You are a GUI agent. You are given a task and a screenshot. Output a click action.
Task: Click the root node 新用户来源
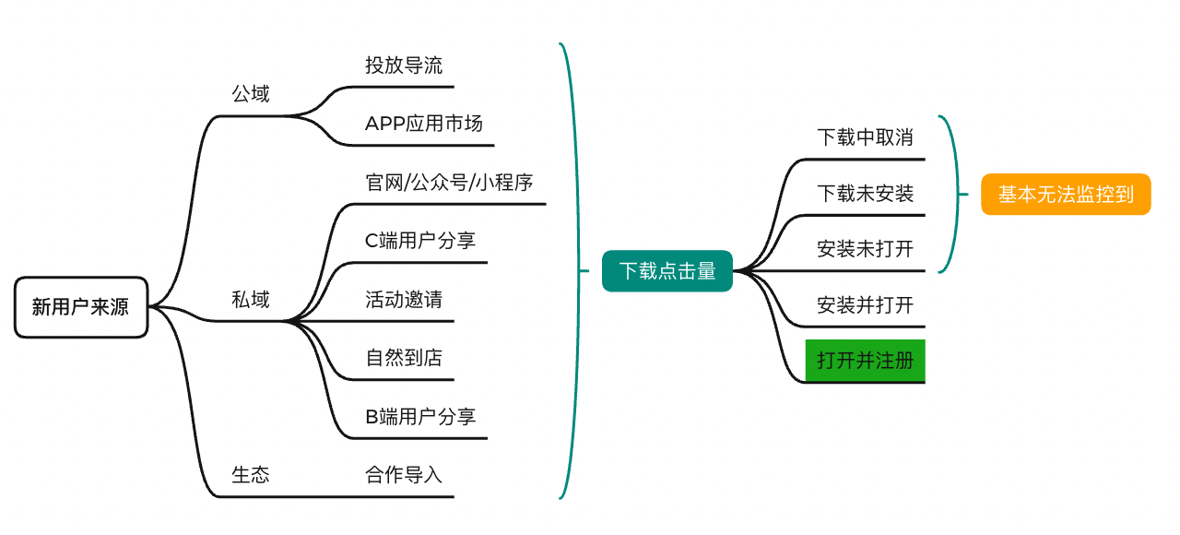click(x=81, y=307)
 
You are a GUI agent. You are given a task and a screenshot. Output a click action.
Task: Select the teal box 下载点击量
click(x=667, y=271)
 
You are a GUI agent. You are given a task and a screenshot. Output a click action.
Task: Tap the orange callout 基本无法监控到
click(x=1066, y=194)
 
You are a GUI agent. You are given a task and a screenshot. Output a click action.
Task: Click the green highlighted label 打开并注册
click(x=865, y=361)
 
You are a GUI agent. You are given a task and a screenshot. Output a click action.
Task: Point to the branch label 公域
click(x=251, y=94)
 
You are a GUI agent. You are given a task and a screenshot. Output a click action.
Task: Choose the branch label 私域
click(x=251, y=300)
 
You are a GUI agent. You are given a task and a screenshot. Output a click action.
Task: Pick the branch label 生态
click(x=251, y=474)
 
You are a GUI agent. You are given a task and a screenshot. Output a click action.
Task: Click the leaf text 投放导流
click(x=404, y=65)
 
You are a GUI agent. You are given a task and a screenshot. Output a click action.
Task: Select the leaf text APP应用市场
click(x=423, y=124)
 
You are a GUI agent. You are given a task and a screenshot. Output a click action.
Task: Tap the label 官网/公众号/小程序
click(x=449, y=183)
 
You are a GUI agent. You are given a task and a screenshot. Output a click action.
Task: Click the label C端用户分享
click(x=419, y=241)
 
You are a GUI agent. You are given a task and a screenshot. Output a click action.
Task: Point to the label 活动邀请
click(x=404, y=300)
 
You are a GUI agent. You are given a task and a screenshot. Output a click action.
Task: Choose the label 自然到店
click(x=404, y=357)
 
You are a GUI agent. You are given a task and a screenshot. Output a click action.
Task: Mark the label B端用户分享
click(x=420, y=416)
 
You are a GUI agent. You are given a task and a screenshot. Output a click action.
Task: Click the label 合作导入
click(x=404, y=474)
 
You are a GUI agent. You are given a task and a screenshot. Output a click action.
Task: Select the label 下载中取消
click(x=865, y=137)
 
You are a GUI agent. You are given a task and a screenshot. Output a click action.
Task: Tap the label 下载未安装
click(x=865, y=194)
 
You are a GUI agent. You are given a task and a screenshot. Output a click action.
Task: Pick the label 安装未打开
click(x=865, y=249)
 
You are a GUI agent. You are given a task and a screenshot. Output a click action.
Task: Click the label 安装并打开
click(x=865, y=304)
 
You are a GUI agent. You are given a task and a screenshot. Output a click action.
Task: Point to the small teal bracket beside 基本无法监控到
click(x=957, y=195)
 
